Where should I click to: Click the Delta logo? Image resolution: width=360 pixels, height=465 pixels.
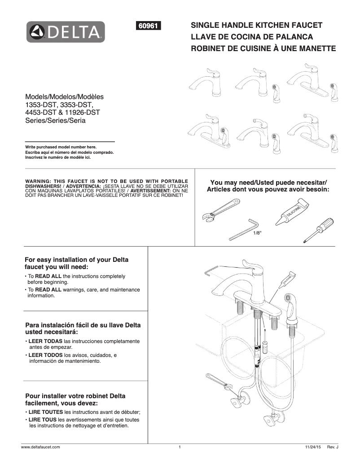click(x=66, y=32)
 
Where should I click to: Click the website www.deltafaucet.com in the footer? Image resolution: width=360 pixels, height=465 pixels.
click(x=41, y=448)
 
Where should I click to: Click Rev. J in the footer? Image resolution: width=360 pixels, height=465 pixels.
click(x=332, y=448)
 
